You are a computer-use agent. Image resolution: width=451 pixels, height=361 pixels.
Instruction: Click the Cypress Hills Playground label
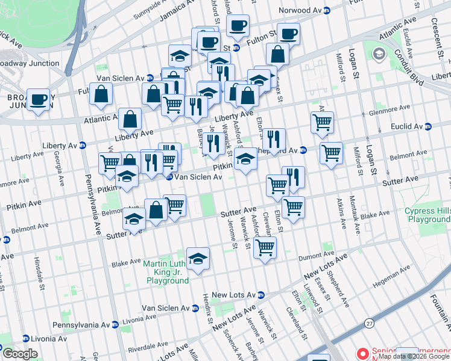coord(427,215)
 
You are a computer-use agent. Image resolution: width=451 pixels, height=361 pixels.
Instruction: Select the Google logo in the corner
coord(20,354)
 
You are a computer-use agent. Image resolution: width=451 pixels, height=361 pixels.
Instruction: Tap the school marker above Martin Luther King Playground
coord(198,258)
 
